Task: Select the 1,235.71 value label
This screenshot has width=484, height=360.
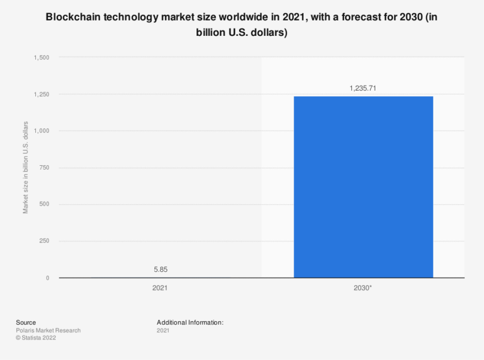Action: [363, 88]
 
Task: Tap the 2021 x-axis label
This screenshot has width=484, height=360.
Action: [160, 288]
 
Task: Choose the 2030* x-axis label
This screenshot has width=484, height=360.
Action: [363, 288]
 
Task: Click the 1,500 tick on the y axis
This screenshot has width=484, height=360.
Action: [42, 58]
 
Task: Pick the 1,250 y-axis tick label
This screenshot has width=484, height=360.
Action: [42, 94]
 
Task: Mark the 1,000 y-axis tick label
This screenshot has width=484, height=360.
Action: [42, 131]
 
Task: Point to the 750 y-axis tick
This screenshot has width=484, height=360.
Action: [44, 167]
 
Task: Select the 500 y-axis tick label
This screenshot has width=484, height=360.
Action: [44, 204]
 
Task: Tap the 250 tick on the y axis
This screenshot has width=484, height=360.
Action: [44, 241]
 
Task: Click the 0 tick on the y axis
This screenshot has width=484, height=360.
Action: [48, 278]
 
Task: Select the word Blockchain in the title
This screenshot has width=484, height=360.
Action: [75, 17]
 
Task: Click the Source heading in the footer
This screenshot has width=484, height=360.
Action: [26, 322]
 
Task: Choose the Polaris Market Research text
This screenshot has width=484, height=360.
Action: [48, 330]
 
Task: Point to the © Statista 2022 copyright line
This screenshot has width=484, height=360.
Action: [36, 338]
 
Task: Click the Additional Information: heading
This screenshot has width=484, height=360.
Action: [190, 322]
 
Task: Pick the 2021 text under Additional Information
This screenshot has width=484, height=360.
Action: [163, 330]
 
